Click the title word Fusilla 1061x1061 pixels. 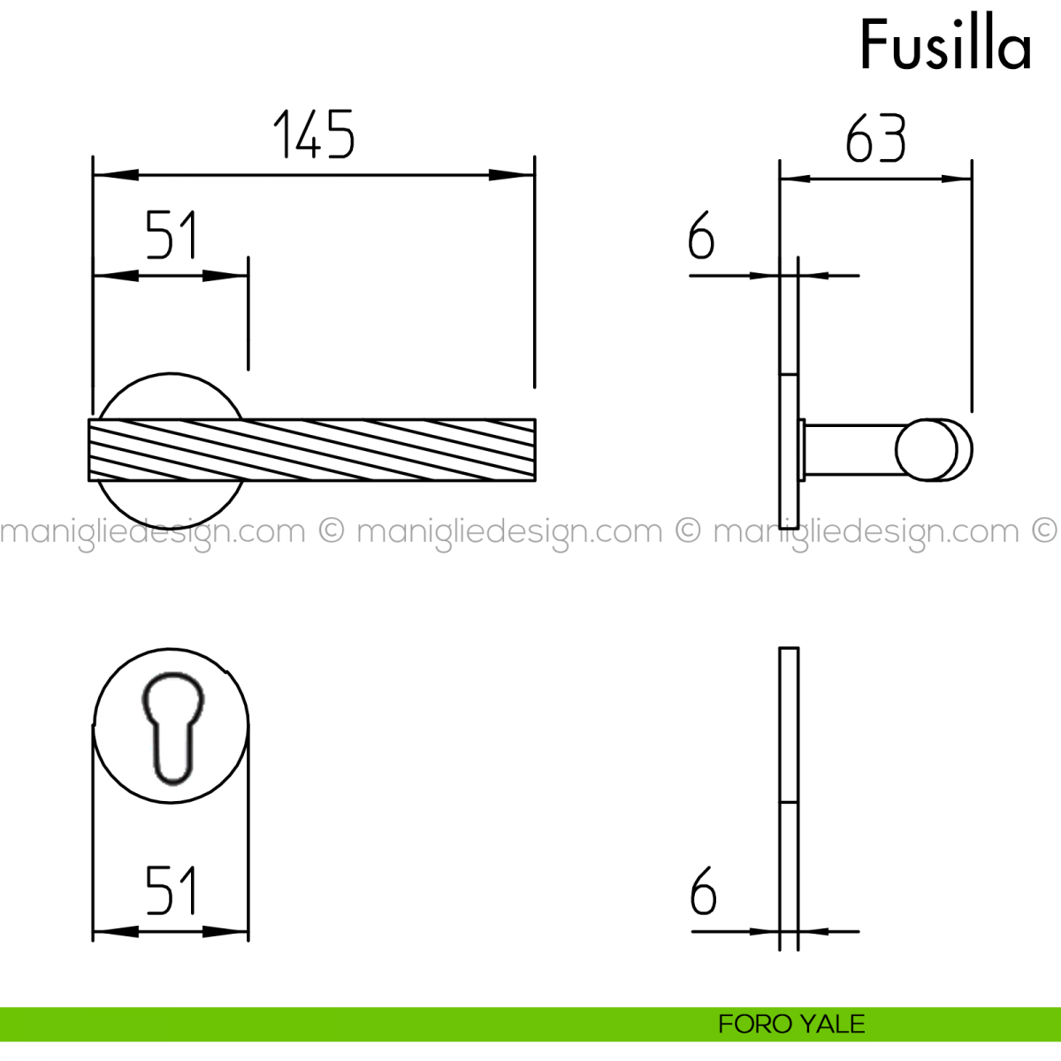tap(945, 44)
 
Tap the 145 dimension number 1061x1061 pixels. tap(314, 134)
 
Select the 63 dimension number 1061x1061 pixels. tap(875, 138)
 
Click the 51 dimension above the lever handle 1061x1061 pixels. tap(171, 234)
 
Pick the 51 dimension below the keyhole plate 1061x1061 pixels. tap(171, 890)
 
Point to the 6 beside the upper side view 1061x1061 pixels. tap(701, 235)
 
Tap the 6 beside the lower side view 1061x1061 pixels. tap(703, 890)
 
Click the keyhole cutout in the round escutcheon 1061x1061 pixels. tap(173, 728)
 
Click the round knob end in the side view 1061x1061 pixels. tap(934, 449)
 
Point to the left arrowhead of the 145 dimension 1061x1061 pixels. tap(116, 175)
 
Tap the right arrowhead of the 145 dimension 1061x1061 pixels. tap(512, 175)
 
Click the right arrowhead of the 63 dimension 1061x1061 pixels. tap(957, 179)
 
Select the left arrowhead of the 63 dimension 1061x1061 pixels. tap(796, 179)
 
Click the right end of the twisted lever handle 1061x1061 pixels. tap(535, 450)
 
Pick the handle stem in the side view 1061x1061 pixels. tap(851, 449)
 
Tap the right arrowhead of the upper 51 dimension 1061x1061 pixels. tap(225, 275)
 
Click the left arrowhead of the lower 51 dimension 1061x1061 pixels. tap(116, 932)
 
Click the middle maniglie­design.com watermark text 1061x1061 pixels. tap(509, 532)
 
